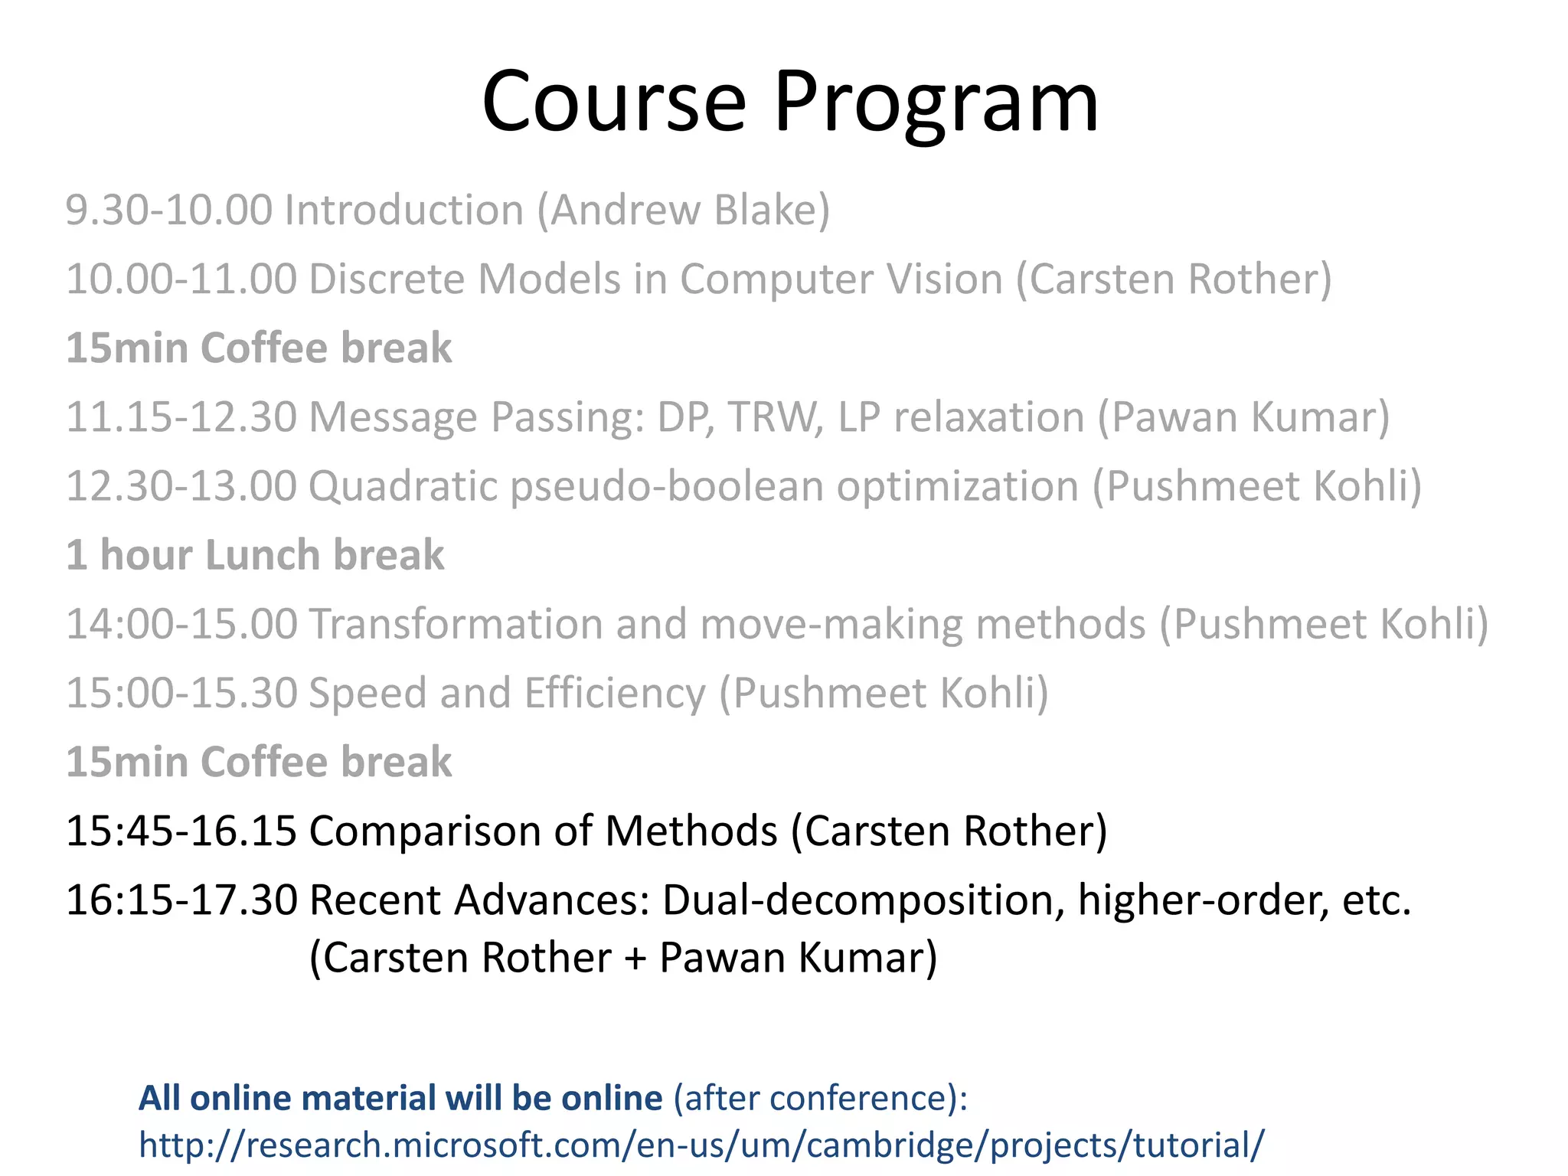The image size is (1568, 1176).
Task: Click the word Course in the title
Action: (x=613, y=103)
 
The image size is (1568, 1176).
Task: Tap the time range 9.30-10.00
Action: (x=168, y=210)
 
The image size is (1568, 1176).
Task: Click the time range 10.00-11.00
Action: (x=181, y=279)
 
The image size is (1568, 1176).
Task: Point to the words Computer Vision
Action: (x=841, y=279)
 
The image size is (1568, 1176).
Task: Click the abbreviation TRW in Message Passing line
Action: (x=775, y=417)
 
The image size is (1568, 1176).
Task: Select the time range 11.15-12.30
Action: (x=181, y=417)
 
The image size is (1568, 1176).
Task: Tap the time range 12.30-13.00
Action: (x=181, y=486)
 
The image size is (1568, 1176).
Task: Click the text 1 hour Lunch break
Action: (x=255, y=555)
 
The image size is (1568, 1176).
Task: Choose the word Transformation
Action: (x=456, y=624)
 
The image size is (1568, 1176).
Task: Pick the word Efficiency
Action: (x=615, y=694)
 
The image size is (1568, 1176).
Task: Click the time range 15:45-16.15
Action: (x=181, y=831)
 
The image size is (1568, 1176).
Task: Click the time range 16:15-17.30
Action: (x=181, y=900)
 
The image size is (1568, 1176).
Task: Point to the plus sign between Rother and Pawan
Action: (x=635, y=959)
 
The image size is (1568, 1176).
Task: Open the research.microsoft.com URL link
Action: (x=701, y=1145)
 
